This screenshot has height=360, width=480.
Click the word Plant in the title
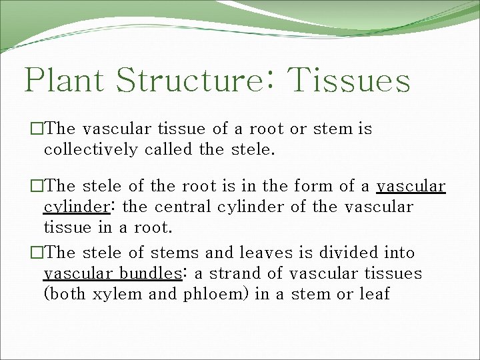pos(65,81)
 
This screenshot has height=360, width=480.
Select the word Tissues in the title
pos(349,81)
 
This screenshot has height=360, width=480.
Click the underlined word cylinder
pos(73,207)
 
